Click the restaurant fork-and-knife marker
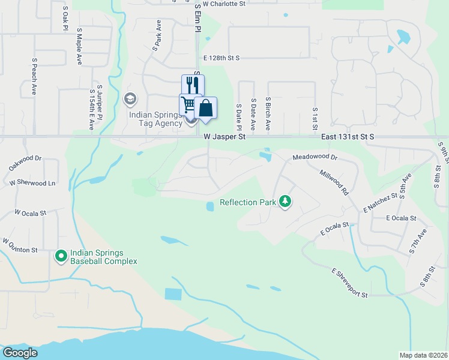click(x=193, y=85)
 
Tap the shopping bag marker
click(x=205, y=108)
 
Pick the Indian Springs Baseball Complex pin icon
click(x=61, y=256)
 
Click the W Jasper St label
click(x=225, y=137)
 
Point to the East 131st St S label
click(x=348, y=137)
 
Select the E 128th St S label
click(x=221, y=58)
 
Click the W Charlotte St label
click(x=224, y=4)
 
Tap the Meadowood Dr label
click(x=315, y=157)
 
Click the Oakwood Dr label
click(x=25, y=159)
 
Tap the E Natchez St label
click(x=381, y=202)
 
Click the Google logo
click(x=20, y=353)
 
